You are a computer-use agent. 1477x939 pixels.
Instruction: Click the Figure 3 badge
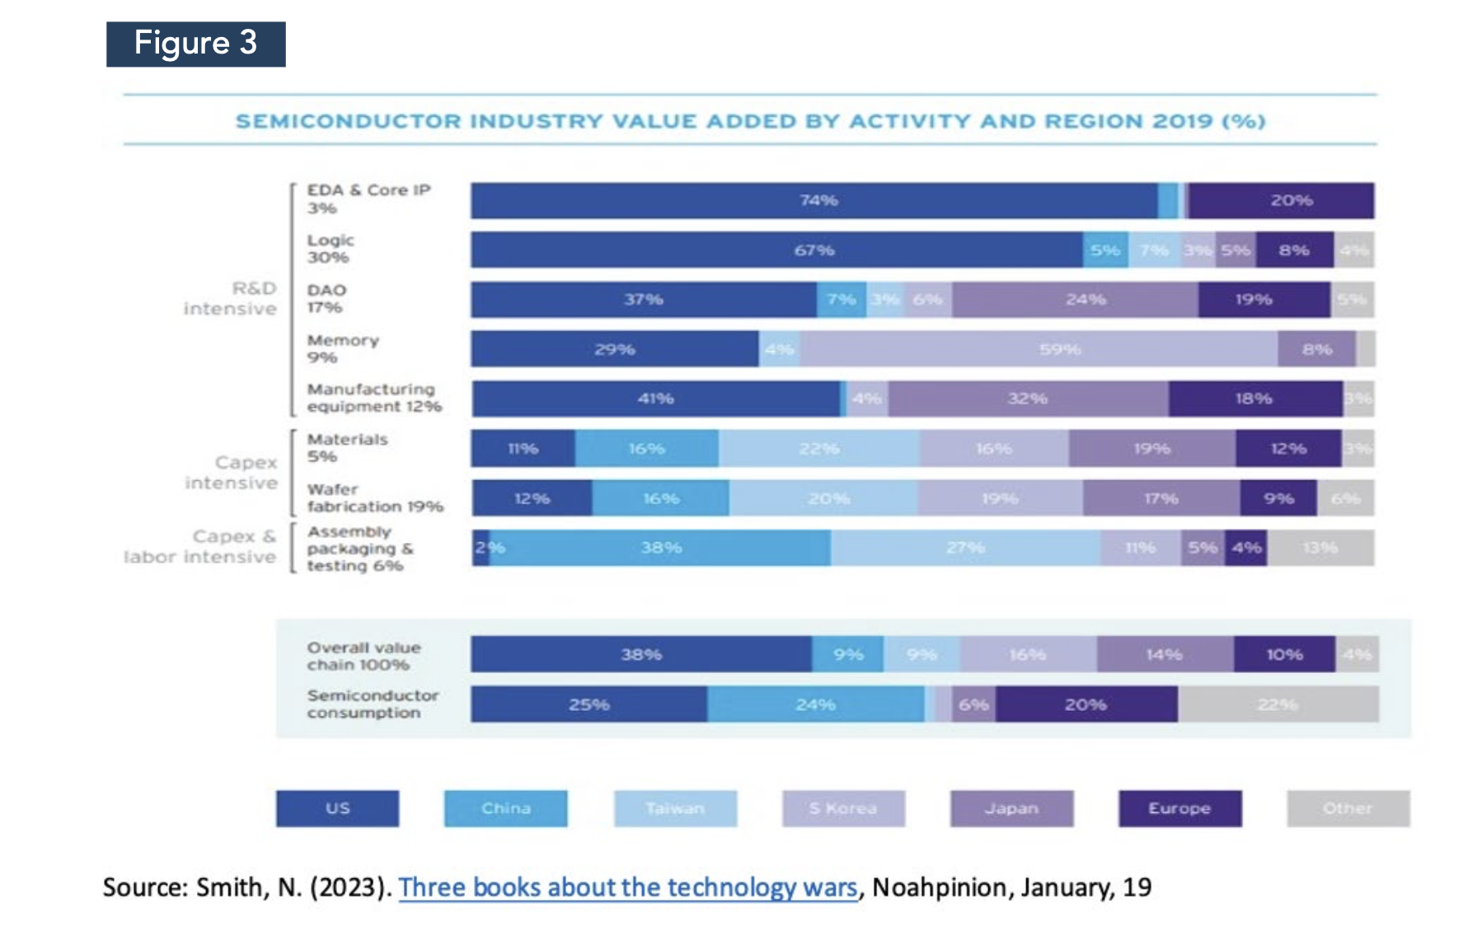(x=196, y=44)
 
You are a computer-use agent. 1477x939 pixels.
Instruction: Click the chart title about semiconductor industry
(x=750, y=121)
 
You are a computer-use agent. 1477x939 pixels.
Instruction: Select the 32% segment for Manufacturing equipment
(x=1028, y=399)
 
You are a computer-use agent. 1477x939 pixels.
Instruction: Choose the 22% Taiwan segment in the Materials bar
(x=818, y=448)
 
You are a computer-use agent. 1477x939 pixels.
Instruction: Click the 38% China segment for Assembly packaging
(x=660, y=548)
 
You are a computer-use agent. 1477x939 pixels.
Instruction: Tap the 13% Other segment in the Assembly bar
(x=1320, y=548)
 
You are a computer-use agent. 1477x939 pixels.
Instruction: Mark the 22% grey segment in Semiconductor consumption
(x=1278, y=704)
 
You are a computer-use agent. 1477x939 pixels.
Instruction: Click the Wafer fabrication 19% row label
(x=375, y=498)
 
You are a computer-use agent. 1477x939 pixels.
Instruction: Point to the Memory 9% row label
(x=343, y=348)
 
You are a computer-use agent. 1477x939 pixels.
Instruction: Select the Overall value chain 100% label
(x=363, y=656)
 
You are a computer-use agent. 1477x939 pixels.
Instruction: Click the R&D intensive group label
(x=230, y=298)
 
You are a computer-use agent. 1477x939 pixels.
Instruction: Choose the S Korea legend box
(x=843, y=808)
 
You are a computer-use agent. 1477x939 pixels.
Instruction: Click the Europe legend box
(x=1179, y=808)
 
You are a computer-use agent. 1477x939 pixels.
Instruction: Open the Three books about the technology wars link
(x=628, y=887)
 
